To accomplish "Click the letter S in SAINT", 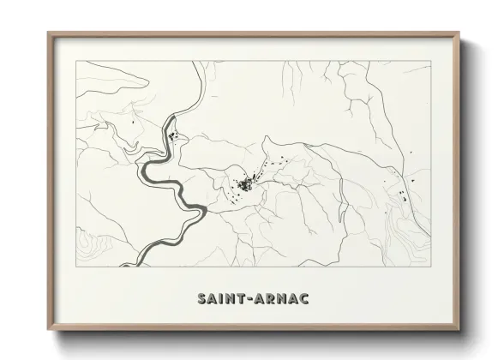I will point(201,300).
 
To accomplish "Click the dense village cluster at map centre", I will point(246,184).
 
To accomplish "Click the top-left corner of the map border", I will point(77,60).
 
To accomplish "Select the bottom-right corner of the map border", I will point(429,267).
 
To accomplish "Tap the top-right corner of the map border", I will point(429,60).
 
